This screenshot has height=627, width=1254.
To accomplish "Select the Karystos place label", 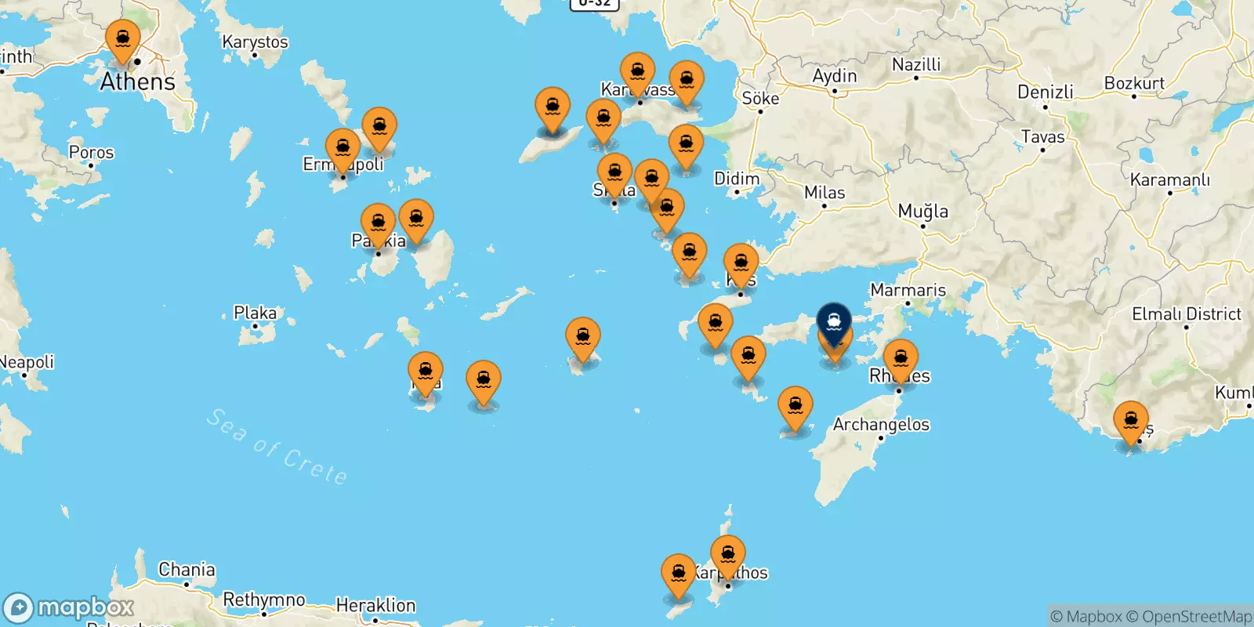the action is point(255,42).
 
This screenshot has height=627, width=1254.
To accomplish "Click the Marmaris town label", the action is point(908,290).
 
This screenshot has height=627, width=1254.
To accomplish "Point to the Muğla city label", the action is point(922,211).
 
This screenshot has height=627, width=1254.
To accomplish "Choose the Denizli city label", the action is point(1046,92).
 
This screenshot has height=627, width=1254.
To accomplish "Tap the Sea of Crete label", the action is point(277,447).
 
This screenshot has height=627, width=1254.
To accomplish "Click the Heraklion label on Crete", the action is point(375,605).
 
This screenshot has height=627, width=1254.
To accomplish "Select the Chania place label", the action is point(187,570).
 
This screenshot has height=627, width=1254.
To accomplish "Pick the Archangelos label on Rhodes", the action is point(881,425).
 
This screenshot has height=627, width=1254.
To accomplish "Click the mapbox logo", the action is point(69,607).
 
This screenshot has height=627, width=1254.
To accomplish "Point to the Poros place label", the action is point(91,152).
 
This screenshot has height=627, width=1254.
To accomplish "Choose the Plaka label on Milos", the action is point(255,313).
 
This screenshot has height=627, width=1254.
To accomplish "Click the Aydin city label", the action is point(834,76).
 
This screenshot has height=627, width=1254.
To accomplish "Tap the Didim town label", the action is point(737,179).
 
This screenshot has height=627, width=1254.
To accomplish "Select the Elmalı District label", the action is point(1187,314).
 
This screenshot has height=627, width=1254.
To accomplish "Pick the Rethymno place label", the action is point(264,600).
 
